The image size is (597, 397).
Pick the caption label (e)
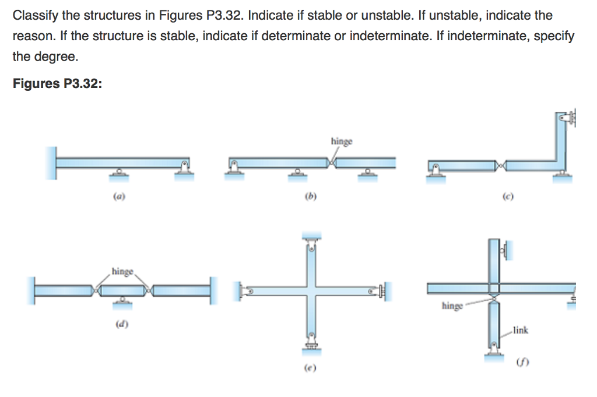pyautogui.click(x=307, y=368)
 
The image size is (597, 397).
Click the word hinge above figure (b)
pyautogui.click(x=341, y=141)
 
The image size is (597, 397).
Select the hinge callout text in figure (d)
pyautogui.click(x=122, y=272)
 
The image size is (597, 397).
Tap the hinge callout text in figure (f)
pyautogui.click(x=452, y=305)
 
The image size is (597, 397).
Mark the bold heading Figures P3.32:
pyautogui.click(x=57, y=84)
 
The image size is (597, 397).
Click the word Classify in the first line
pyautogui.click(x=34, y=16)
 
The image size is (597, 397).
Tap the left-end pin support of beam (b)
pyautogui.click(x=233, y=169)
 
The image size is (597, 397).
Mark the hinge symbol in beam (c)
pyautogui.click(x=500, y=166)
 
